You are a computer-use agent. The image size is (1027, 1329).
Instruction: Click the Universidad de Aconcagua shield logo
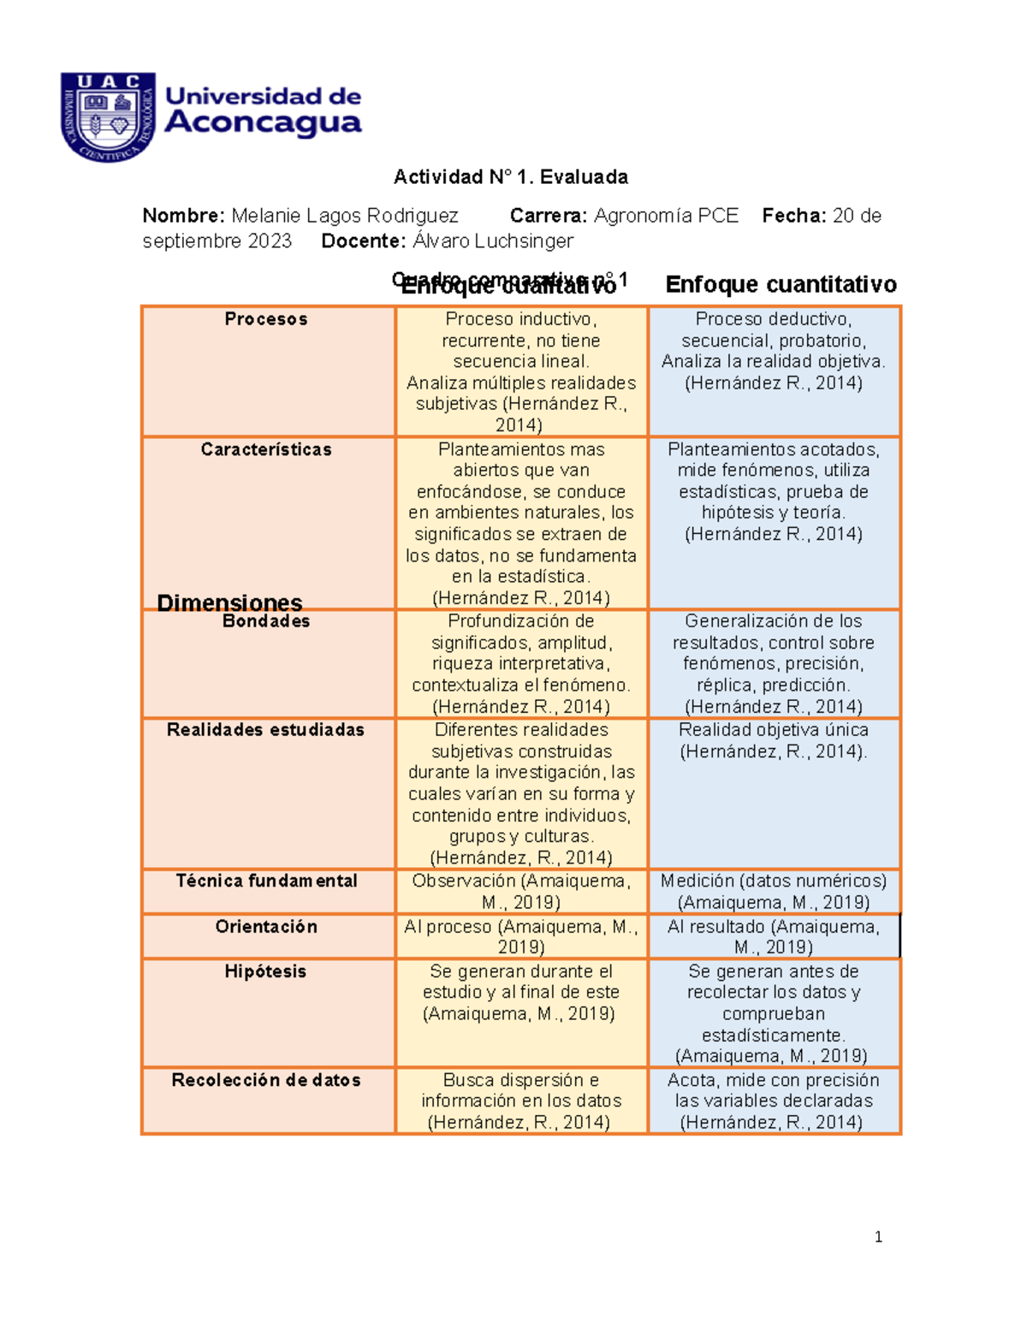click(x=108, y=117)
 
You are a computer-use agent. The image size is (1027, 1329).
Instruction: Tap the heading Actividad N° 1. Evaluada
click(x=510, y=177)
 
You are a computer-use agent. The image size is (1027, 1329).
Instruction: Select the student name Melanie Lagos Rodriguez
click(x=344, y=216)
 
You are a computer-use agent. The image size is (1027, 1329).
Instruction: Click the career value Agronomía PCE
click(x=666, y=216)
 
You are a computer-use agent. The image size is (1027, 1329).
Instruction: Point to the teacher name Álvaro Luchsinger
click(x=492, y=241)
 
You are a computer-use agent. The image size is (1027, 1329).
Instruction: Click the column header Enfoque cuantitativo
click(x=781, y=284)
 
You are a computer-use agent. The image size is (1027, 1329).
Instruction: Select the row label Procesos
click(x=266, y=319)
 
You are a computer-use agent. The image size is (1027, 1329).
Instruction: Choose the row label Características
click(x=266, y=449)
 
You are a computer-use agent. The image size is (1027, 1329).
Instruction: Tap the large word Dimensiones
click(x=229, y=602)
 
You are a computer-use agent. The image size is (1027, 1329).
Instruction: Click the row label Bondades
click(x=266, y=621)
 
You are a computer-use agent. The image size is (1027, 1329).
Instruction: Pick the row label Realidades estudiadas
click(x=266, y=730)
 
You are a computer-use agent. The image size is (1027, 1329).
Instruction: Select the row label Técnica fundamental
click(x=266, y=881)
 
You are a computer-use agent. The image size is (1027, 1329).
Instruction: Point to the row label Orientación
click(x=266, y=927)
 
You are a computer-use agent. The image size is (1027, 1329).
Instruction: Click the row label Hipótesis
click(x=266, y=971)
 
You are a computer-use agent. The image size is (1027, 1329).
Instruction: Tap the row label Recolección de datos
click(x=266, y=1080)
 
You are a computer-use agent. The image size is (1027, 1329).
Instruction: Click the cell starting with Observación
click(x=520, y=892)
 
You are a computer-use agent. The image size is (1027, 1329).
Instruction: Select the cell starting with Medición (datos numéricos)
click(x=774, y=892)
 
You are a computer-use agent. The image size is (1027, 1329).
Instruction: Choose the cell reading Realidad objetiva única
click(x=774, y=741)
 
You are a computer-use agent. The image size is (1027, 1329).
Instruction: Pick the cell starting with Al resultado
click(x=774, y=937)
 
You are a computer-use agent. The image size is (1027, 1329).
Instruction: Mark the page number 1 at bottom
click(x=878, y=1237)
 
